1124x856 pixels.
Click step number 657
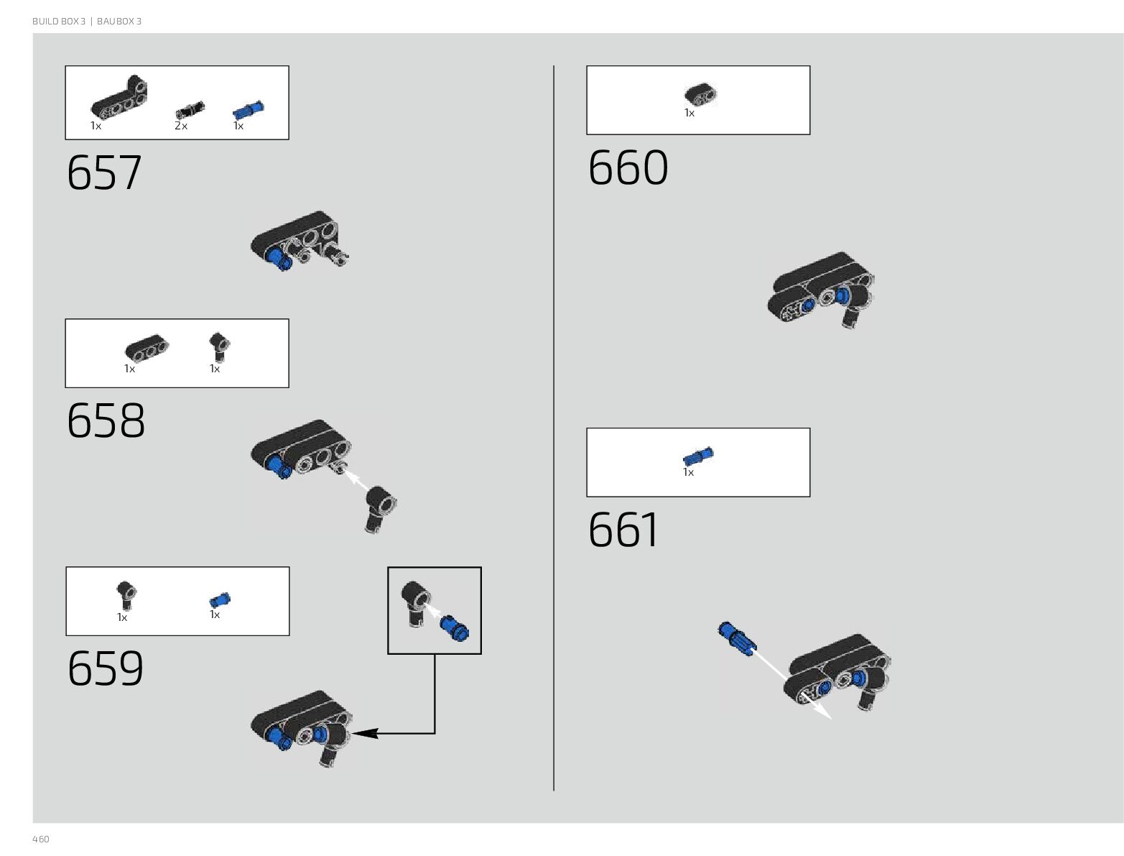tap(104, 173)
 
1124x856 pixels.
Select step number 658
tap(106, 421)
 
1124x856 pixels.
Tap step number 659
tap(106, 669)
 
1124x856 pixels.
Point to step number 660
tap(628, 169)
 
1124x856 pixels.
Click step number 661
tap(623, 531)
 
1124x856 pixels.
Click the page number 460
tap(41, 839)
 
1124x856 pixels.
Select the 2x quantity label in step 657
tap(180, 126)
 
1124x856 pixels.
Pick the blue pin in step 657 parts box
tap(248, 110)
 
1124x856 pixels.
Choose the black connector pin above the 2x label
tap(190, 110)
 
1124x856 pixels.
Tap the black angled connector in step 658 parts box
tap(219, 346)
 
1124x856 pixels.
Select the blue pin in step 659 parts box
tap(220, 600)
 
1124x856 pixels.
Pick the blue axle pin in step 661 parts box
tap(697, 456)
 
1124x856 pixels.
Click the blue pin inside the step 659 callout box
tap(455, 628)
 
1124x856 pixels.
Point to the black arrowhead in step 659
tap(365, 733)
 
